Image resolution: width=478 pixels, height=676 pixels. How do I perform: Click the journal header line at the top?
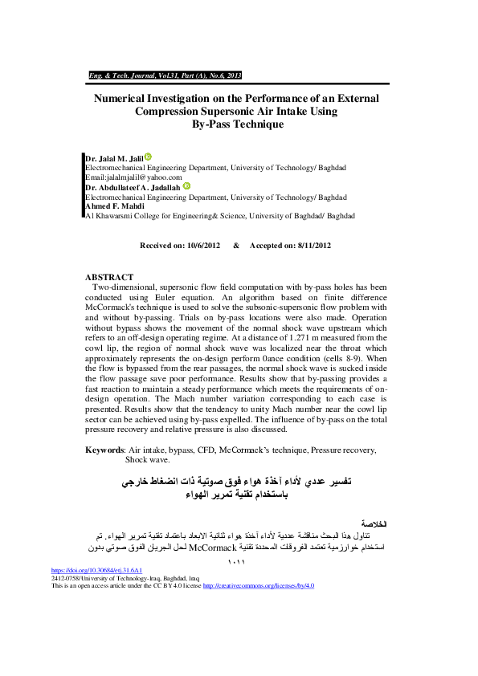[165, 75]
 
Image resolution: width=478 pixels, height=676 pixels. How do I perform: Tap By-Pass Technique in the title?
[238, 124]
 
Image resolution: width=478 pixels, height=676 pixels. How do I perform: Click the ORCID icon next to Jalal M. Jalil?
[148, 157]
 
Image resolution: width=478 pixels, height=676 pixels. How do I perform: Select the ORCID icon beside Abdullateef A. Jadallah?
[186, 185]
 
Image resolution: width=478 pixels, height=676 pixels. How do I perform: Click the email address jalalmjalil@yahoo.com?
[133, 177]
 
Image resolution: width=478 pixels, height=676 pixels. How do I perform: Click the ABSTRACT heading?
[110, 277]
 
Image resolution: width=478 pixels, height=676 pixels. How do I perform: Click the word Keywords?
[104, 450]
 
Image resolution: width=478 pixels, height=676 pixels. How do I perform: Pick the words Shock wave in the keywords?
[148, 461]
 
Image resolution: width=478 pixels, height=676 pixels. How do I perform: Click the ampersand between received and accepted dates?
[236, 246]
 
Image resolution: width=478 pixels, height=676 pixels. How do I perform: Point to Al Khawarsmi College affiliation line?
[219, 216]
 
